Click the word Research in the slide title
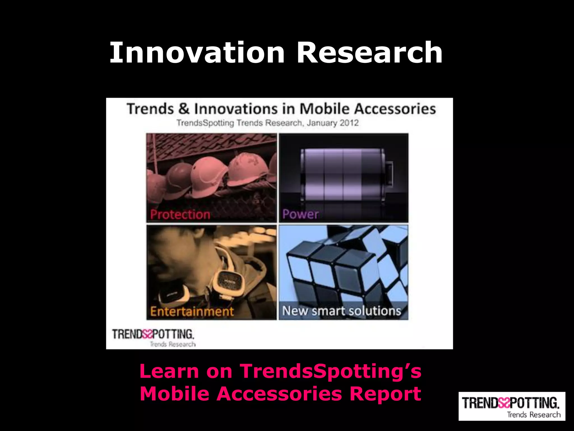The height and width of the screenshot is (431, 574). [369, 52]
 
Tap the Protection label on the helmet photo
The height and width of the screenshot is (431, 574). [180, 215]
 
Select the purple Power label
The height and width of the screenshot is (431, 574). [300, 214]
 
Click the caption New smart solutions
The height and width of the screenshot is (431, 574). [342, 311]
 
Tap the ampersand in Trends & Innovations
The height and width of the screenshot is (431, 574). [184, 109]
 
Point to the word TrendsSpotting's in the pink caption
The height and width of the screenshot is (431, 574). [331, 371]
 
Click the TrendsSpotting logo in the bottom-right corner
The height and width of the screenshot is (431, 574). [511, 406]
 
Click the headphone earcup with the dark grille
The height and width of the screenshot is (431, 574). [229, 283]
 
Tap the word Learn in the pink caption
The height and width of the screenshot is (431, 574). [169, 371]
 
